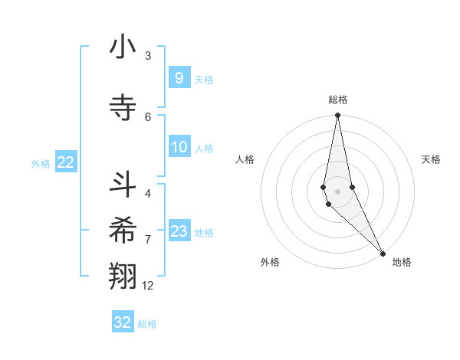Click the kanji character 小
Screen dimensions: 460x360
coord(123,47)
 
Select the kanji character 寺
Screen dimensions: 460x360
coord(123,108)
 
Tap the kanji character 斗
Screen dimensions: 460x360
coord(123,184)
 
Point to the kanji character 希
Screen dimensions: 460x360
coord(123,230)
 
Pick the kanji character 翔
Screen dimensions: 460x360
coord(123,276)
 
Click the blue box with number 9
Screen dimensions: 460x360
coord(179,78)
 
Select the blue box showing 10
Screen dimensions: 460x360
coord(179,147)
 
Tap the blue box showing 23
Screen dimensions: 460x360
coord(179,231)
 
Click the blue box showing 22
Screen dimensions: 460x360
coord(66,162)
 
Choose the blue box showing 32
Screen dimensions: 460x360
coord(123,322)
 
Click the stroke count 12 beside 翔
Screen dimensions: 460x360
coord(148,286)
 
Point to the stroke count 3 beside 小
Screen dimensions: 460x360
coord(148,56)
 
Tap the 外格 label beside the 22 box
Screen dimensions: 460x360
coord(40,163)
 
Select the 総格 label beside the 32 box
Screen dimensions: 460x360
coord(148,324)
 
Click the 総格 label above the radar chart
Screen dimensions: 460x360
coord(337,100)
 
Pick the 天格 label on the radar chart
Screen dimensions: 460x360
coord(431,159)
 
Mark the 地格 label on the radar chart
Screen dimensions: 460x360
coord(402,262)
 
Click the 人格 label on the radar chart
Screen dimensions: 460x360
coord(245,159)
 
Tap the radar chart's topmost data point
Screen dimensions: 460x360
coord(337,116)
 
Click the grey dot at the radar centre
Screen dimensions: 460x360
coord(337,191)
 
